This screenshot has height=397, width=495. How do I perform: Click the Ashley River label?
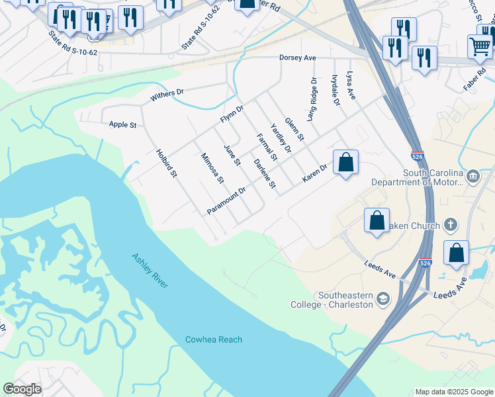coord(150,270)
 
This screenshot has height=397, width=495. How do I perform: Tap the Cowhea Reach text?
coord(213,339)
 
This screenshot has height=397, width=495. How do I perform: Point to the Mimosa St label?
coord(213,168)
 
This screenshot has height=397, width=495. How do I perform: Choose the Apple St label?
coord(122,124)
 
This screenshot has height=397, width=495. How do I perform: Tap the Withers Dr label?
coord(167,95)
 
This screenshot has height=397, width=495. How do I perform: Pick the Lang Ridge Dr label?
coord(313,96)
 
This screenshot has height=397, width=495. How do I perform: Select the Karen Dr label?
coord(314,173)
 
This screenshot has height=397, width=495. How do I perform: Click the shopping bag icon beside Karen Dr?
coord(345,162)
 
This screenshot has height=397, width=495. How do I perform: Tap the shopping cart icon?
coord(480,46)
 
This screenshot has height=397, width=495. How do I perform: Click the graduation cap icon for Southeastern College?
coord(382,300)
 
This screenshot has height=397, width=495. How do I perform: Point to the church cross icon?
coord(450,226)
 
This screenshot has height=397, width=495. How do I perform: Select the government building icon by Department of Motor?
coord(473,176)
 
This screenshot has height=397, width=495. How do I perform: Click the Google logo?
coord(22,389)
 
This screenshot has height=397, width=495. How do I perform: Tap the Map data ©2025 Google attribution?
coord(454,392)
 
